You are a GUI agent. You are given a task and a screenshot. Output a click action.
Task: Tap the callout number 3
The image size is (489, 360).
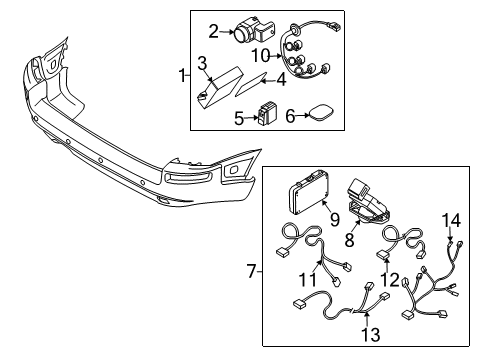tap(203, 64)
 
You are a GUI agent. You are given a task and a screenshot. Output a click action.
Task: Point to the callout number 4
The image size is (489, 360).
tap(282, 78)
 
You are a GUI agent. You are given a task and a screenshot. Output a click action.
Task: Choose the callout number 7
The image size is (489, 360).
tap(252, 270)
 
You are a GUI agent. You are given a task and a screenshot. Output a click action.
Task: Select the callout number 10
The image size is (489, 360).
tap(260, 54)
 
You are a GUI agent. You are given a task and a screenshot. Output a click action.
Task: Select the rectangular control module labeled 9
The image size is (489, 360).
tap(309, 200)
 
